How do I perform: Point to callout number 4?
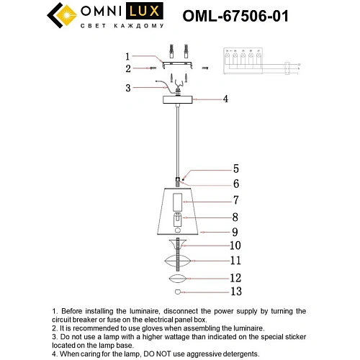tap(225, 99)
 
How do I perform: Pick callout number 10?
tap(235, 246)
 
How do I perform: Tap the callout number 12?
tap(235, 277)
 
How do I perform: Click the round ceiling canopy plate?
tap(178, 99)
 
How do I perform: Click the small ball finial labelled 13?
tap(177, 292)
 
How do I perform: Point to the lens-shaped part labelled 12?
tap(178, 279)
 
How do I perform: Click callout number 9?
tap(235, 232)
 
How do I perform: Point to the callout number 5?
tap(235, 170)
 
